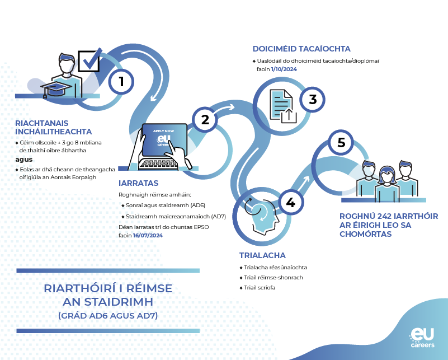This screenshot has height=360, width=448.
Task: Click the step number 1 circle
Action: pyautogui.click(x=121, y=82)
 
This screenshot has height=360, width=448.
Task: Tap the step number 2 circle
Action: pyautogui.click(x=205, y=120)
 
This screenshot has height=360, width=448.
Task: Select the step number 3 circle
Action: pyautogui.click(x=313, y=100)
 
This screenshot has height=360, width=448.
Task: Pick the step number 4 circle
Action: pyautogui.click(x=291, y=203)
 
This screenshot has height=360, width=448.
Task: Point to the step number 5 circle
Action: pyautogui.click(x=341, y=142)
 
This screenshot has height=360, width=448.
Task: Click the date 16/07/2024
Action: pyautogui.click(x=148, y=235)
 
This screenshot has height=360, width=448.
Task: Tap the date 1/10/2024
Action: pyautogui.click(x=284, y=69)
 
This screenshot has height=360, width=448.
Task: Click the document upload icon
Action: pyautogui.click(x=283, y=106)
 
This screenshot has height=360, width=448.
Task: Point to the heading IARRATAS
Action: pyautogui.click(x=138, y=183)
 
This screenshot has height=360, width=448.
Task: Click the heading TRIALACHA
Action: pyautogui.click(x=262, y=255)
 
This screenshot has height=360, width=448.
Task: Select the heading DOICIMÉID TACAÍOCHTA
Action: pyautogui.click(x=301, y=49)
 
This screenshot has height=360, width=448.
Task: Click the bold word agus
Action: pyautogui.click(x=24, y=160)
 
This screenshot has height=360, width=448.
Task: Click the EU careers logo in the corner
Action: pyautogui.click(x=422, y=338)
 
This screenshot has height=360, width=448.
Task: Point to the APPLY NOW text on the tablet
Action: pyautogui.click(x=163, y=131)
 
